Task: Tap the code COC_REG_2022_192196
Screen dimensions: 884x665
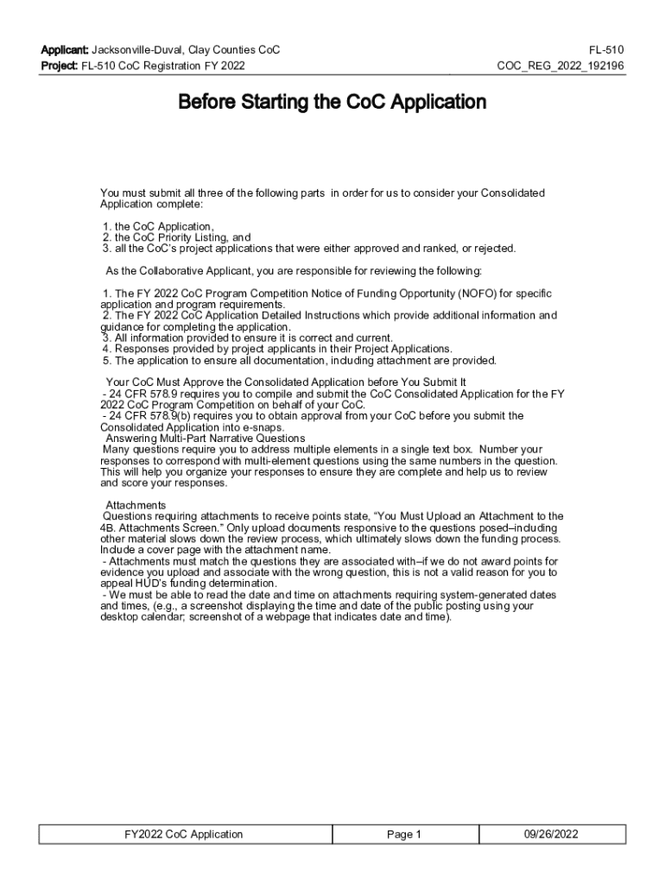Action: click(x=560, y=66)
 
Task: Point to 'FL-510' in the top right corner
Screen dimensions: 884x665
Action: click(x=606, y=50)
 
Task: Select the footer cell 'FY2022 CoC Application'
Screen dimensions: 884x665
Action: click(x=184, y=834)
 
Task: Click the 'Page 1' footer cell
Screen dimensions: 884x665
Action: click(x=403, y=834)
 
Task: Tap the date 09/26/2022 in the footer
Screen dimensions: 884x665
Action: click(x=551, y=834)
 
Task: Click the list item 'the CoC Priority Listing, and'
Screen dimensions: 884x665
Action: click(x=181, y=237)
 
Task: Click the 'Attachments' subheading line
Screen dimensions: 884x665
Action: click(x=136, y=505)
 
